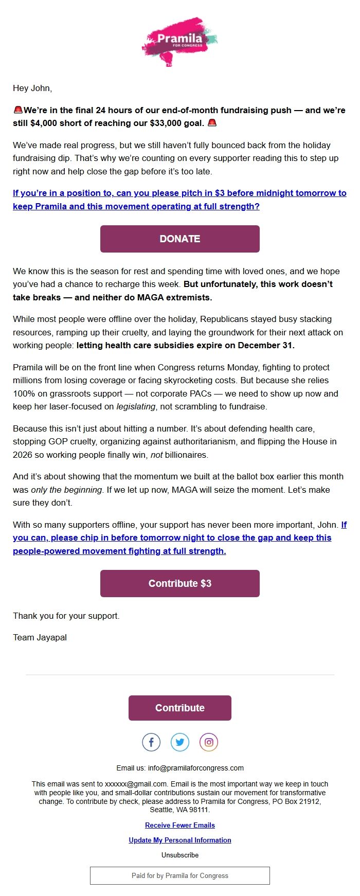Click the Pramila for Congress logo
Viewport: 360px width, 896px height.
pyautogui.click(x=179, y=41)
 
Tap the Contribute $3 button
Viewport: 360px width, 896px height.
pyautogui.click(x=179, y=583)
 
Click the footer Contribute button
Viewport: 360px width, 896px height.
pyautogui.click(x=179, y=708)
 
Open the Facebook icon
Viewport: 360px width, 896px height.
pyautogui.click(x=151, y=742)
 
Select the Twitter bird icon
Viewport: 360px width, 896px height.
pyautogui.click(x=180, y=742)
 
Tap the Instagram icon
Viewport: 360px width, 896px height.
pyautogui.click(x=209, y=742)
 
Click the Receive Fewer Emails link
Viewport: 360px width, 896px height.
pyautogui.click(x=179, y=825)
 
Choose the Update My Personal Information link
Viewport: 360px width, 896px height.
pyautogui.click(x=179, y=840)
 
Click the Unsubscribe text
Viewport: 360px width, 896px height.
pyautogui.click(x=179, y=855)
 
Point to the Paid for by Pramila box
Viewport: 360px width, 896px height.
pyautogui.click(x=179, y=875)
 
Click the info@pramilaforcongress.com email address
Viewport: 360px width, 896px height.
pyautogui.click(x=195, y=768)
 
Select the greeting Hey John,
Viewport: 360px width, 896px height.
pyautogui.click(x=32, y=88)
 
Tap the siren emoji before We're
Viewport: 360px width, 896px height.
pyautogui.click(x=18, y=110)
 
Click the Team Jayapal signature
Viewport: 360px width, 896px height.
pyautogui.click(x=40, y=637)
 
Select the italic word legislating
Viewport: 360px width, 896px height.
pyautogui.click(x=136, y=407)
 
